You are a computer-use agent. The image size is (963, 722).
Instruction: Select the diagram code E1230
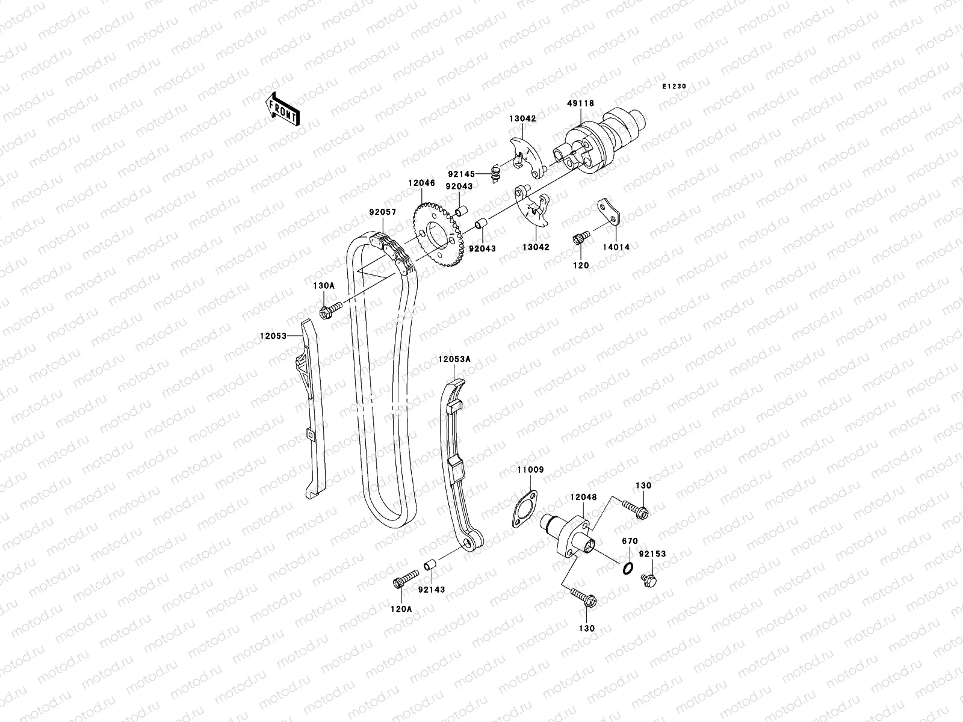tap(674, 87)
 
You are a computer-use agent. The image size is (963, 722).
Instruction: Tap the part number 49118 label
tap(580, 103)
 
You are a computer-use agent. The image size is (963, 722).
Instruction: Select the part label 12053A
tap(454, 359)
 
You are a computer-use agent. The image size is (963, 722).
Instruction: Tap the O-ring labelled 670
tap(627, 567)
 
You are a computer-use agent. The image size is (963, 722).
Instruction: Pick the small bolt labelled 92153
tap(649, 581)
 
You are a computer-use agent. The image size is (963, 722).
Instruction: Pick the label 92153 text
tap(652, 554)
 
